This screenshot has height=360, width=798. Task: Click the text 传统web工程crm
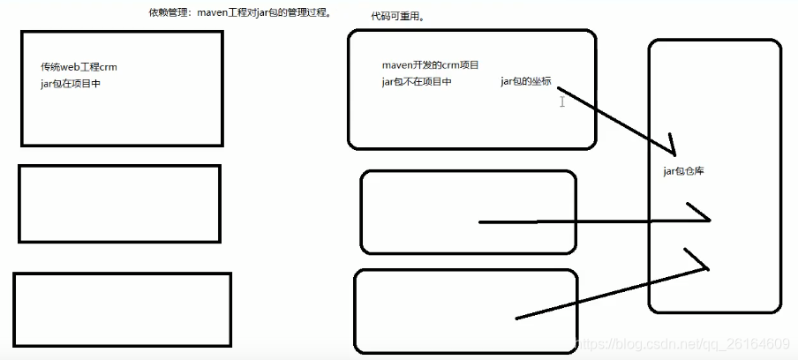click(x=79, y=67)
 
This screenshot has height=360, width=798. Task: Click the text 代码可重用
click(x=397, y=17)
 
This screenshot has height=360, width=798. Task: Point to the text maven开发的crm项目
click(x=431, y=65)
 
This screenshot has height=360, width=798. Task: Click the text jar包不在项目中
click(x=417, y=82)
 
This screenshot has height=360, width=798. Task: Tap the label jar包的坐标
click(x=526, y=82)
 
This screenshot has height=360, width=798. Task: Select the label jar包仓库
click(x=682, y=171)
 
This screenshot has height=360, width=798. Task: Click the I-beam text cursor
click(x=561, y=102)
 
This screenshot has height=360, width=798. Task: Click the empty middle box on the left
click(x=119, y=204)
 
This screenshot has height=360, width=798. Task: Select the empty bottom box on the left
click(x=122, y=310)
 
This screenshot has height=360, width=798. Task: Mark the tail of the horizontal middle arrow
click(x=481, y=222)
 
